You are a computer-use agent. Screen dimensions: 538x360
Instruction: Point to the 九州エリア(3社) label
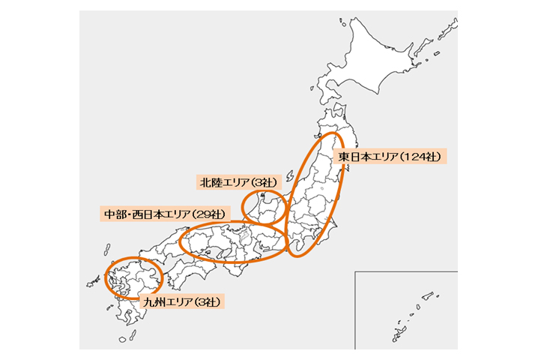[x=182, y=302]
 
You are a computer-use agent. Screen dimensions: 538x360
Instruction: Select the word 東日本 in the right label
[x=354, y=157]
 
